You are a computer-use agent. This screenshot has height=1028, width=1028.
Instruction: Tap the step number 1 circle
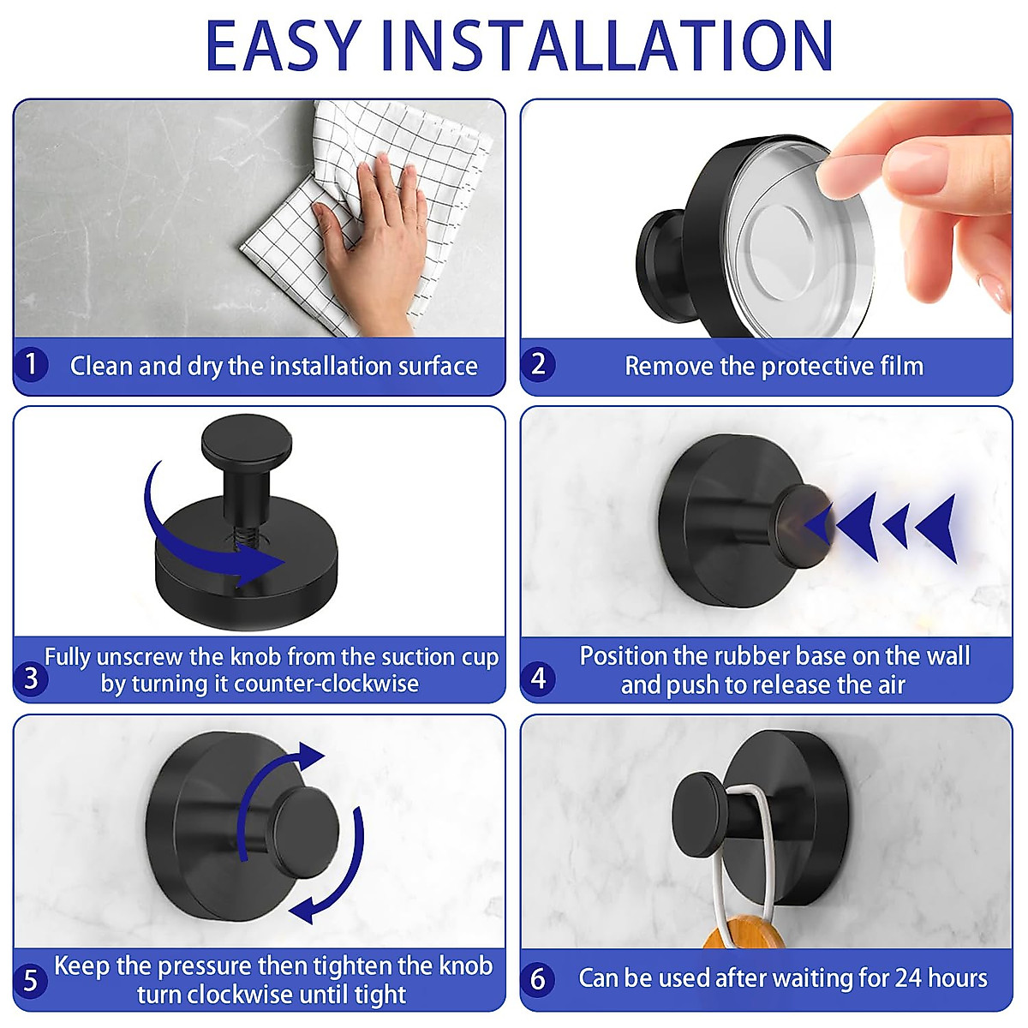pyautogui.click(x=31, y=364)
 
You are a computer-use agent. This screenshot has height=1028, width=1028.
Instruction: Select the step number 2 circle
pyautogui.click(x=538, y=364)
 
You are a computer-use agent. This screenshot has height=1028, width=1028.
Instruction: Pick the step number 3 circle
pyautogui.click(x=31, y=678)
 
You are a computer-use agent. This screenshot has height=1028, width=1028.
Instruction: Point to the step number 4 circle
pyautogui.click(x=538, y=678)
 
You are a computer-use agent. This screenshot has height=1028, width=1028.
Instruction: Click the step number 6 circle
pyautogui.click(x=538, y=978)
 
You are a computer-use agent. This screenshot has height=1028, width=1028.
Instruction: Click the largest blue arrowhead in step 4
pyautogui.click(x=937, y=526)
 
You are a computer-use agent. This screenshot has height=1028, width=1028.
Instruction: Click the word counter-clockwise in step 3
pyautogui.click(x=326, y=684)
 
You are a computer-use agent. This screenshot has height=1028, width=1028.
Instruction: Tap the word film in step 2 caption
pyautogui.click(x=901, y=366)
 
